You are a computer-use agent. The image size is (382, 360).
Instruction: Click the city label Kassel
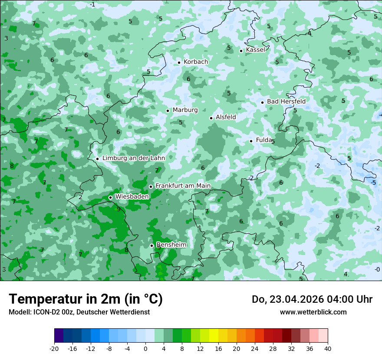255,50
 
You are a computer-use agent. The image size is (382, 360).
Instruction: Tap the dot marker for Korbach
179,62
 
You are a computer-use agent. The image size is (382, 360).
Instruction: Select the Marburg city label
185,110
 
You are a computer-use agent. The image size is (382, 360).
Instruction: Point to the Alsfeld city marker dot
211,118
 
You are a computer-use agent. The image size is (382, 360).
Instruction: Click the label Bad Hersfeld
286,101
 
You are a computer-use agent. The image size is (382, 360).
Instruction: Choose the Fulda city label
264,140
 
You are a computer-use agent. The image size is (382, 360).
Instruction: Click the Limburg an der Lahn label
134,158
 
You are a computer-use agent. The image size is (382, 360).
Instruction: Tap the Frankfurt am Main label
183,186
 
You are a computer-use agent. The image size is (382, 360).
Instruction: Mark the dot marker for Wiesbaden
110,197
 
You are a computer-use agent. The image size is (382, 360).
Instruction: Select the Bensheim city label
171,245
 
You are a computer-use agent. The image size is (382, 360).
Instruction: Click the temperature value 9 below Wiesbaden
119,209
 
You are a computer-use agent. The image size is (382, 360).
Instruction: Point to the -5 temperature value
373,183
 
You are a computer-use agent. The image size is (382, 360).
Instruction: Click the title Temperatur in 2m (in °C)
86,299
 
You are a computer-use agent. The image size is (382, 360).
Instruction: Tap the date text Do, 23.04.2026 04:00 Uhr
312,299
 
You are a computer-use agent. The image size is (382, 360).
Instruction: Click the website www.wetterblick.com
313,312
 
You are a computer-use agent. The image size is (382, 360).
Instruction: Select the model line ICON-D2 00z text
79,312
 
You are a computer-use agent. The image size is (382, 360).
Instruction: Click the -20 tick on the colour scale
54,349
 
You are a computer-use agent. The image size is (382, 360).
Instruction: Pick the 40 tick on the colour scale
327,349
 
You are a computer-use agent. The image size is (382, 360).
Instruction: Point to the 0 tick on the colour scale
145,349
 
